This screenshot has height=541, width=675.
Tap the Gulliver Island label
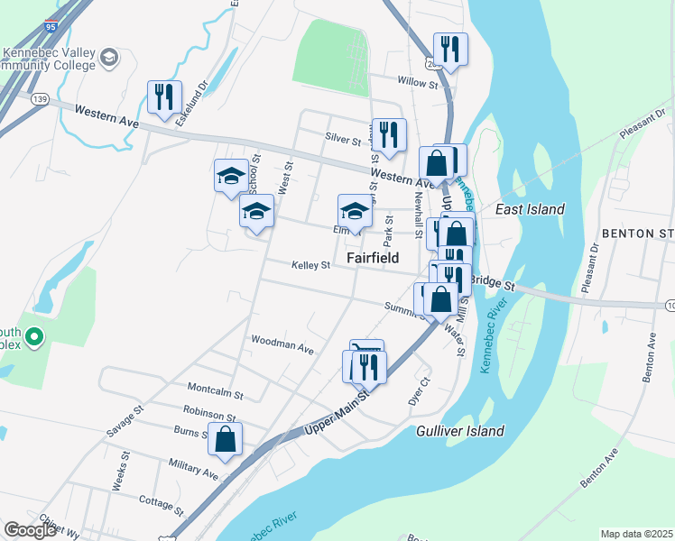point(460,431)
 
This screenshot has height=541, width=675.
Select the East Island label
point(531,209)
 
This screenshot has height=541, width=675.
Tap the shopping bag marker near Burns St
point(226,439)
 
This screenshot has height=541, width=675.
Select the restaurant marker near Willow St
point(449,49)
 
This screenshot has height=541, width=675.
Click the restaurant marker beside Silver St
point(389,134)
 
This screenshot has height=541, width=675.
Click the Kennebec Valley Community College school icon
point(110,58)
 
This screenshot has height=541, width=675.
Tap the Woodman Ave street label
point(282,345)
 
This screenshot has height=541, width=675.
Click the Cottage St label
point(162,499)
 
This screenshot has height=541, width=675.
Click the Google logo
point(30,530)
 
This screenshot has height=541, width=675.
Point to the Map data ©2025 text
point(636,534)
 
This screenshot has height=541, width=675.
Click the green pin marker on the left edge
point(34,338)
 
